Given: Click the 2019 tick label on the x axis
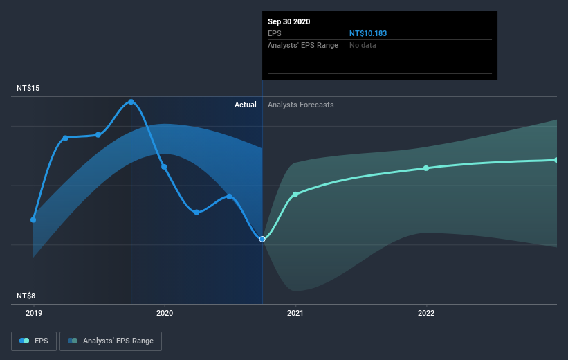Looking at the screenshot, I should (x=33, y=312).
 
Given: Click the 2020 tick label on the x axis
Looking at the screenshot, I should (x=164, y=312).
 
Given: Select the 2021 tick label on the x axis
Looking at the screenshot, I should (x=295, y=312).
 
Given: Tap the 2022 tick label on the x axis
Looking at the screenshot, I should (x=426, y=312).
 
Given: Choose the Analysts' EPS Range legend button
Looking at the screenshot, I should (x=111, y=341).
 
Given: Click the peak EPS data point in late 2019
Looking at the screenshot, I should (x=131, y=102).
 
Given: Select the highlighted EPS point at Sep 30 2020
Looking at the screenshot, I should (x=262, y=239).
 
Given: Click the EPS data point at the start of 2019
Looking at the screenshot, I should (x=33, y=219).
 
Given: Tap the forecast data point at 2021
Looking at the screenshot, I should (x=295, y=194).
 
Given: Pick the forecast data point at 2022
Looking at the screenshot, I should (x=426, y=168).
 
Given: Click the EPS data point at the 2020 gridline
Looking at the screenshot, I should (x=164, y=167).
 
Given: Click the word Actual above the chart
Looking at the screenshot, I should (x=245, y=105).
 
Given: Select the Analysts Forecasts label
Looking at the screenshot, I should (x=301, y=105).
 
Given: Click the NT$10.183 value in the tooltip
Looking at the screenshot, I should (x=373, y=33).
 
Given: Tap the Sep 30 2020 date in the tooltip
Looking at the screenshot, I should (x=289, y=21).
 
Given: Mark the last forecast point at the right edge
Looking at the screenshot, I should (x=556, y=160).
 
